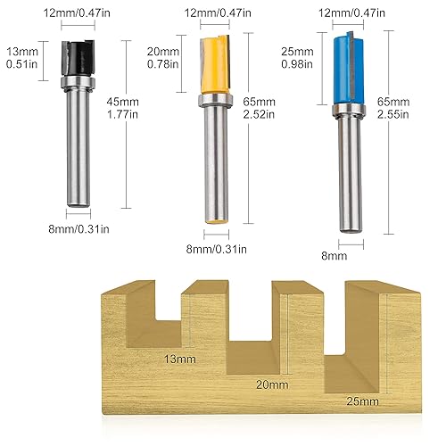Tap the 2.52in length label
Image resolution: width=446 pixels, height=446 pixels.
click(x=258, y=114)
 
